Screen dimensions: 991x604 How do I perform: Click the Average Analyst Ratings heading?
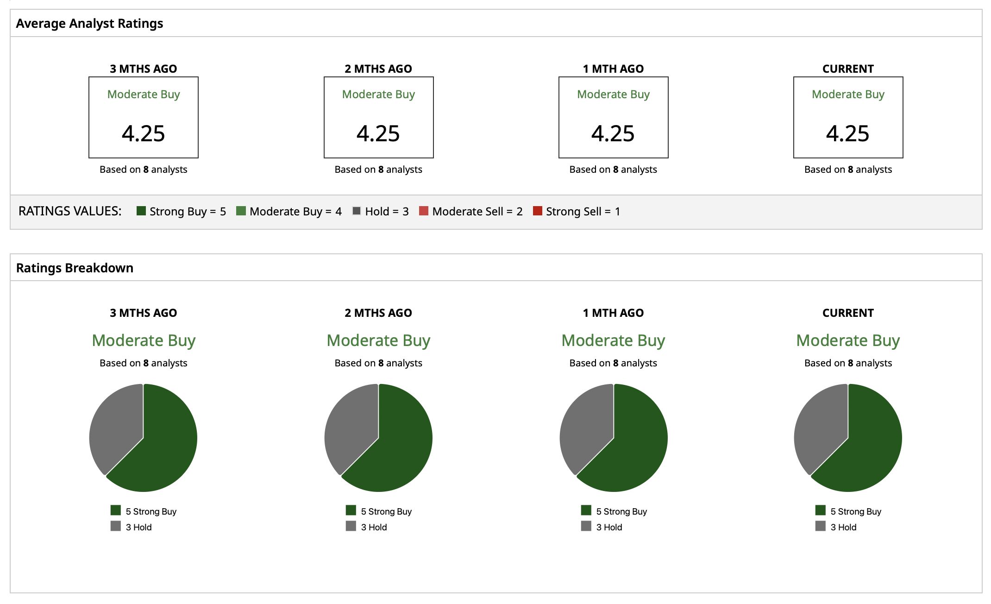(89, 24)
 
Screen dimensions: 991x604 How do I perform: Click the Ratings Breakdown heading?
(75, 268)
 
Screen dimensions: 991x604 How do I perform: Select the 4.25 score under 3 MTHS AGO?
(144, 133)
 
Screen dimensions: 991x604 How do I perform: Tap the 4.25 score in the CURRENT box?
(848, 133)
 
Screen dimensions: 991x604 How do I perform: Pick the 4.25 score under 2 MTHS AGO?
(378, 133)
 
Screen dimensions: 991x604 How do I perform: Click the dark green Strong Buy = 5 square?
(141, 211)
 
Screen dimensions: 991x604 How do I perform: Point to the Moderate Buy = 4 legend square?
(241, 211)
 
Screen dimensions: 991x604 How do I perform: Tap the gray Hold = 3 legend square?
(357, 211)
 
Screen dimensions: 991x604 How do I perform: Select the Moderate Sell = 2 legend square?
(423, 211)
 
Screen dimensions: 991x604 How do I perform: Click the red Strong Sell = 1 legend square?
(538, 211)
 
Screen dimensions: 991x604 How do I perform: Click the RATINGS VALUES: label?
(70, 211)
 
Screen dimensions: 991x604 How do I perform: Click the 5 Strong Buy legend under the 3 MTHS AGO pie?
(144, 511)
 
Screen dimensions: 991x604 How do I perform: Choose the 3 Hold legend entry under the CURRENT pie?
(836, 527)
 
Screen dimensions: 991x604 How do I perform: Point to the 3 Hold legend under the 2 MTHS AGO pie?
(366, 527)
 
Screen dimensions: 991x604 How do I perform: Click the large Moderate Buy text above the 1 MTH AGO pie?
(613, 340)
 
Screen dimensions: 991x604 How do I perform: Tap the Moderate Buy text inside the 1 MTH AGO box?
(613, 94)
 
